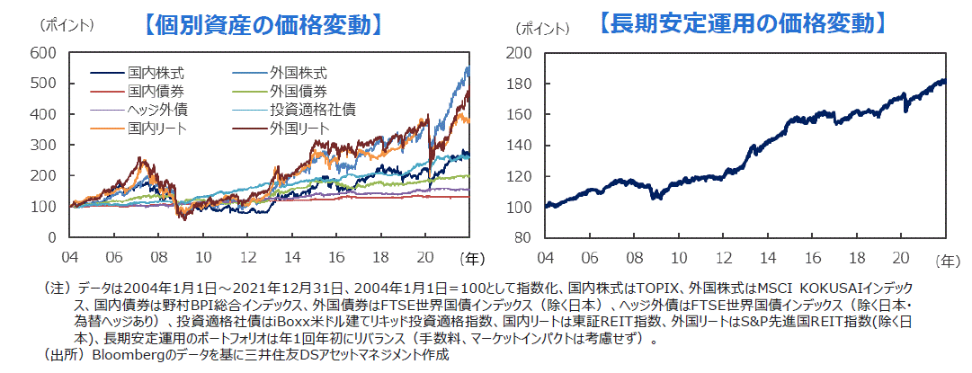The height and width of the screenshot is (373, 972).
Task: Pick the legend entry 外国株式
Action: [x=298, y=72]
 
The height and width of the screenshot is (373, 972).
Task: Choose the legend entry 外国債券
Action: [x=298, y=91]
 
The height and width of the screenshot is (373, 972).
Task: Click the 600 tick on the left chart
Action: [x=42, y=53]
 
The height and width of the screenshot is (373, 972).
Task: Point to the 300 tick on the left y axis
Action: [x=42, y=146]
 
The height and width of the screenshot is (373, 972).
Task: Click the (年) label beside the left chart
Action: [x=470, y=258]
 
